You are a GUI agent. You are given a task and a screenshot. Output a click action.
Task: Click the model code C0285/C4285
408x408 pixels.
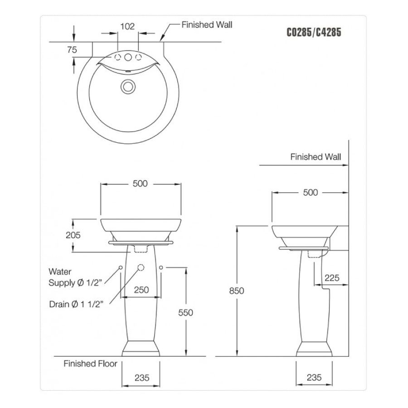(314, 33)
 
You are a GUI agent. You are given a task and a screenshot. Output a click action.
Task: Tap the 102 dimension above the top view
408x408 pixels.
(127, 26)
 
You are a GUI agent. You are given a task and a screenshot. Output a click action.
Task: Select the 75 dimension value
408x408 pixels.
(72, 50)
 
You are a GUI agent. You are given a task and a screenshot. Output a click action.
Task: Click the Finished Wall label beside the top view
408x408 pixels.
(207, 24)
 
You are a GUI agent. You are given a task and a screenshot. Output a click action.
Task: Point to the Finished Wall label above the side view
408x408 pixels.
(316, 157)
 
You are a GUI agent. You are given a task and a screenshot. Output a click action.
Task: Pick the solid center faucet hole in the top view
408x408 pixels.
(128, 57)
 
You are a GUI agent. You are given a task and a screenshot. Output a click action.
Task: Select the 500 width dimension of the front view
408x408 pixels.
(140, 184)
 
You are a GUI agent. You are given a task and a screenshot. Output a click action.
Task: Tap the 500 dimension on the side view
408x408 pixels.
(310, 192)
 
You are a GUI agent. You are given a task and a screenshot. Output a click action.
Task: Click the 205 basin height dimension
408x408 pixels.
(73, 235)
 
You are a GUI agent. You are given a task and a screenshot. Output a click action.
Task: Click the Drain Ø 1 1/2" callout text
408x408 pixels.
(77, 304)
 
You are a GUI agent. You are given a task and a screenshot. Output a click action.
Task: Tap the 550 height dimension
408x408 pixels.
(185, 312)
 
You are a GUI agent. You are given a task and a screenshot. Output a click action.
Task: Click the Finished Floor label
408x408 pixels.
(90, 364)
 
